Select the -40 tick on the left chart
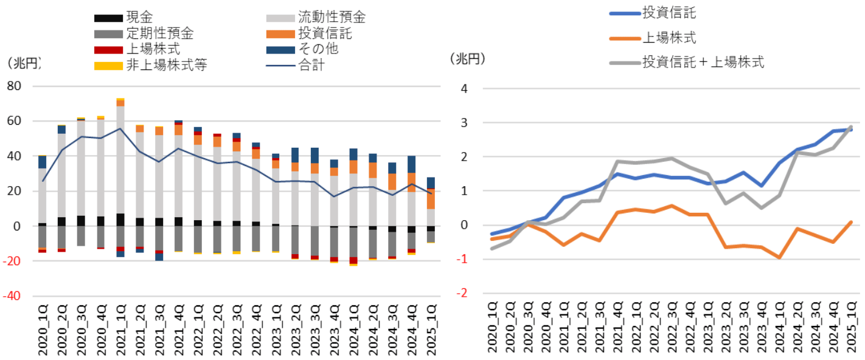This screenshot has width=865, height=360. [x=13, y=296]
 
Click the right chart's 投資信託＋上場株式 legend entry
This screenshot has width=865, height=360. [x=703, y=61]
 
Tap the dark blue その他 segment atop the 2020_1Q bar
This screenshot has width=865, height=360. [x=43, y=162]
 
